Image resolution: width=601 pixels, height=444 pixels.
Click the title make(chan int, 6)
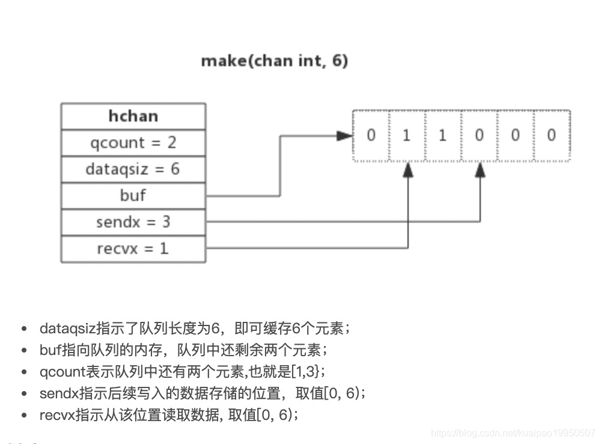(274, 61)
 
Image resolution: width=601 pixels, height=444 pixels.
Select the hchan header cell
(133, 116)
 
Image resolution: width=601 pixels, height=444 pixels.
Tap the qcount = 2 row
(133, 143)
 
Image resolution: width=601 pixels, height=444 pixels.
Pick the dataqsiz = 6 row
(133, 169)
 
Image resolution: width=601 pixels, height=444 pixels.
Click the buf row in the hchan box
(133, 196)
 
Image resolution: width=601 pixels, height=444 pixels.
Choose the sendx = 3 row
(133, 222)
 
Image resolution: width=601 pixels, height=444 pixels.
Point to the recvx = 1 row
(133, 248)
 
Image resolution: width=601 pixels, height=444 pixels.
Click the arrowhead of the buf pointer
(345, 136)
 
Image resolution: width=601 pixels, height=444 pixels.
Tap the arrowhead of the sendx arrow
(480, 170)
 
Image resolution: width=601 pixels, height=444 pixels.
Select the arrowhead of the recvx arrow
(408, 170)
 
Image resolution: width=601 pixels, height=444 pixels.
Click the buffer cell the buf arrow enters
(371, 135)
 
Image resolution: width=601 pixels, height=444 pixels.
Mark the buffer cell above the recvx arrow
(407, 135)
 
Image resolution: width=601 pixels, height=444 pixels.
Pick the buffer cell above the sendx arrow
(479, 135)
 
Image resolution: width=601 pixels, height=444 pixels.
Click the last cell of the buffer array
(551, 135)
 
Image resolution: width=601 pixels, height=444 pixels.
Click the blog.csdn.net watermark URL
(514, 433)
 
